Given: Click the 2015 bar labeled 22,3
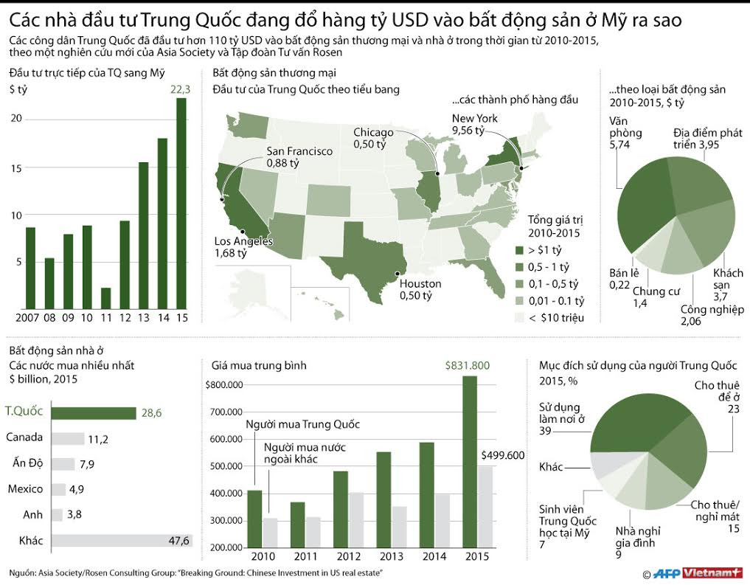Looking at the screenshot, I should tap(181, 203).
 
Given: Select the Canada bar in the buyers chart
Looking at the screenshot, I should tap(72, 439).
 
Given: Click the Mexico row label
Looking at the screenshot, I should tap(24, 489).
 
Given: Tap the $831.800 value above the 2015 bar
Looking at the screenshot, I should tap(468, 365).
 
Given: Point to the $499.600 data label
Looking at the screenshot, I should tap(503, 455).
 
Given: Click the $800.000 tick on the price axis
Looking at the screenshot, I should tap(225, 385).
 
